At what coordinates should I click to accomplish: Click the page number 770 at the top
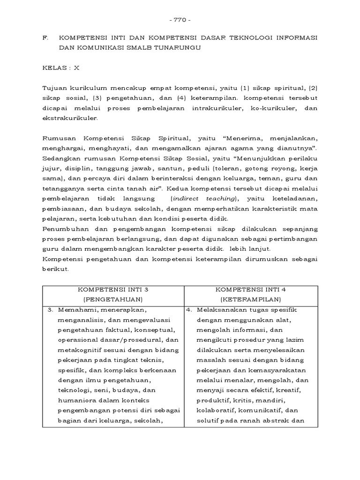[x=180, y=20]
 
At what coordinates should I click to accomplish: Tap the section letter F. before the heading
[x=45, y=37]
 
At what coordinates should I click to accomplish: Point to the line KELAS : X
[x=61, y=67]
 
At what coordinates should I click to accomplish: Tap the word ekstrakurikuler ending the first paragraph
[x=70, y=119]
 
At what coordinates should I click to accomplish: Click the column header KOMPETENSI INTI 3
[x=113, y=289]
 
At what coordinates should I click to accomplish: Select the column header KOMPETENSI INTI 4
[x=250, y=289]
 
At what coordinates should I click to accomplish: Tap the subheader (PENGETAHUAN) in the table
[x=113, y=299]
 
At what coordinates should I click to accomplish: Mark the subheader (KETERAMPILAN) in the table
[x=250, y=299]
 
